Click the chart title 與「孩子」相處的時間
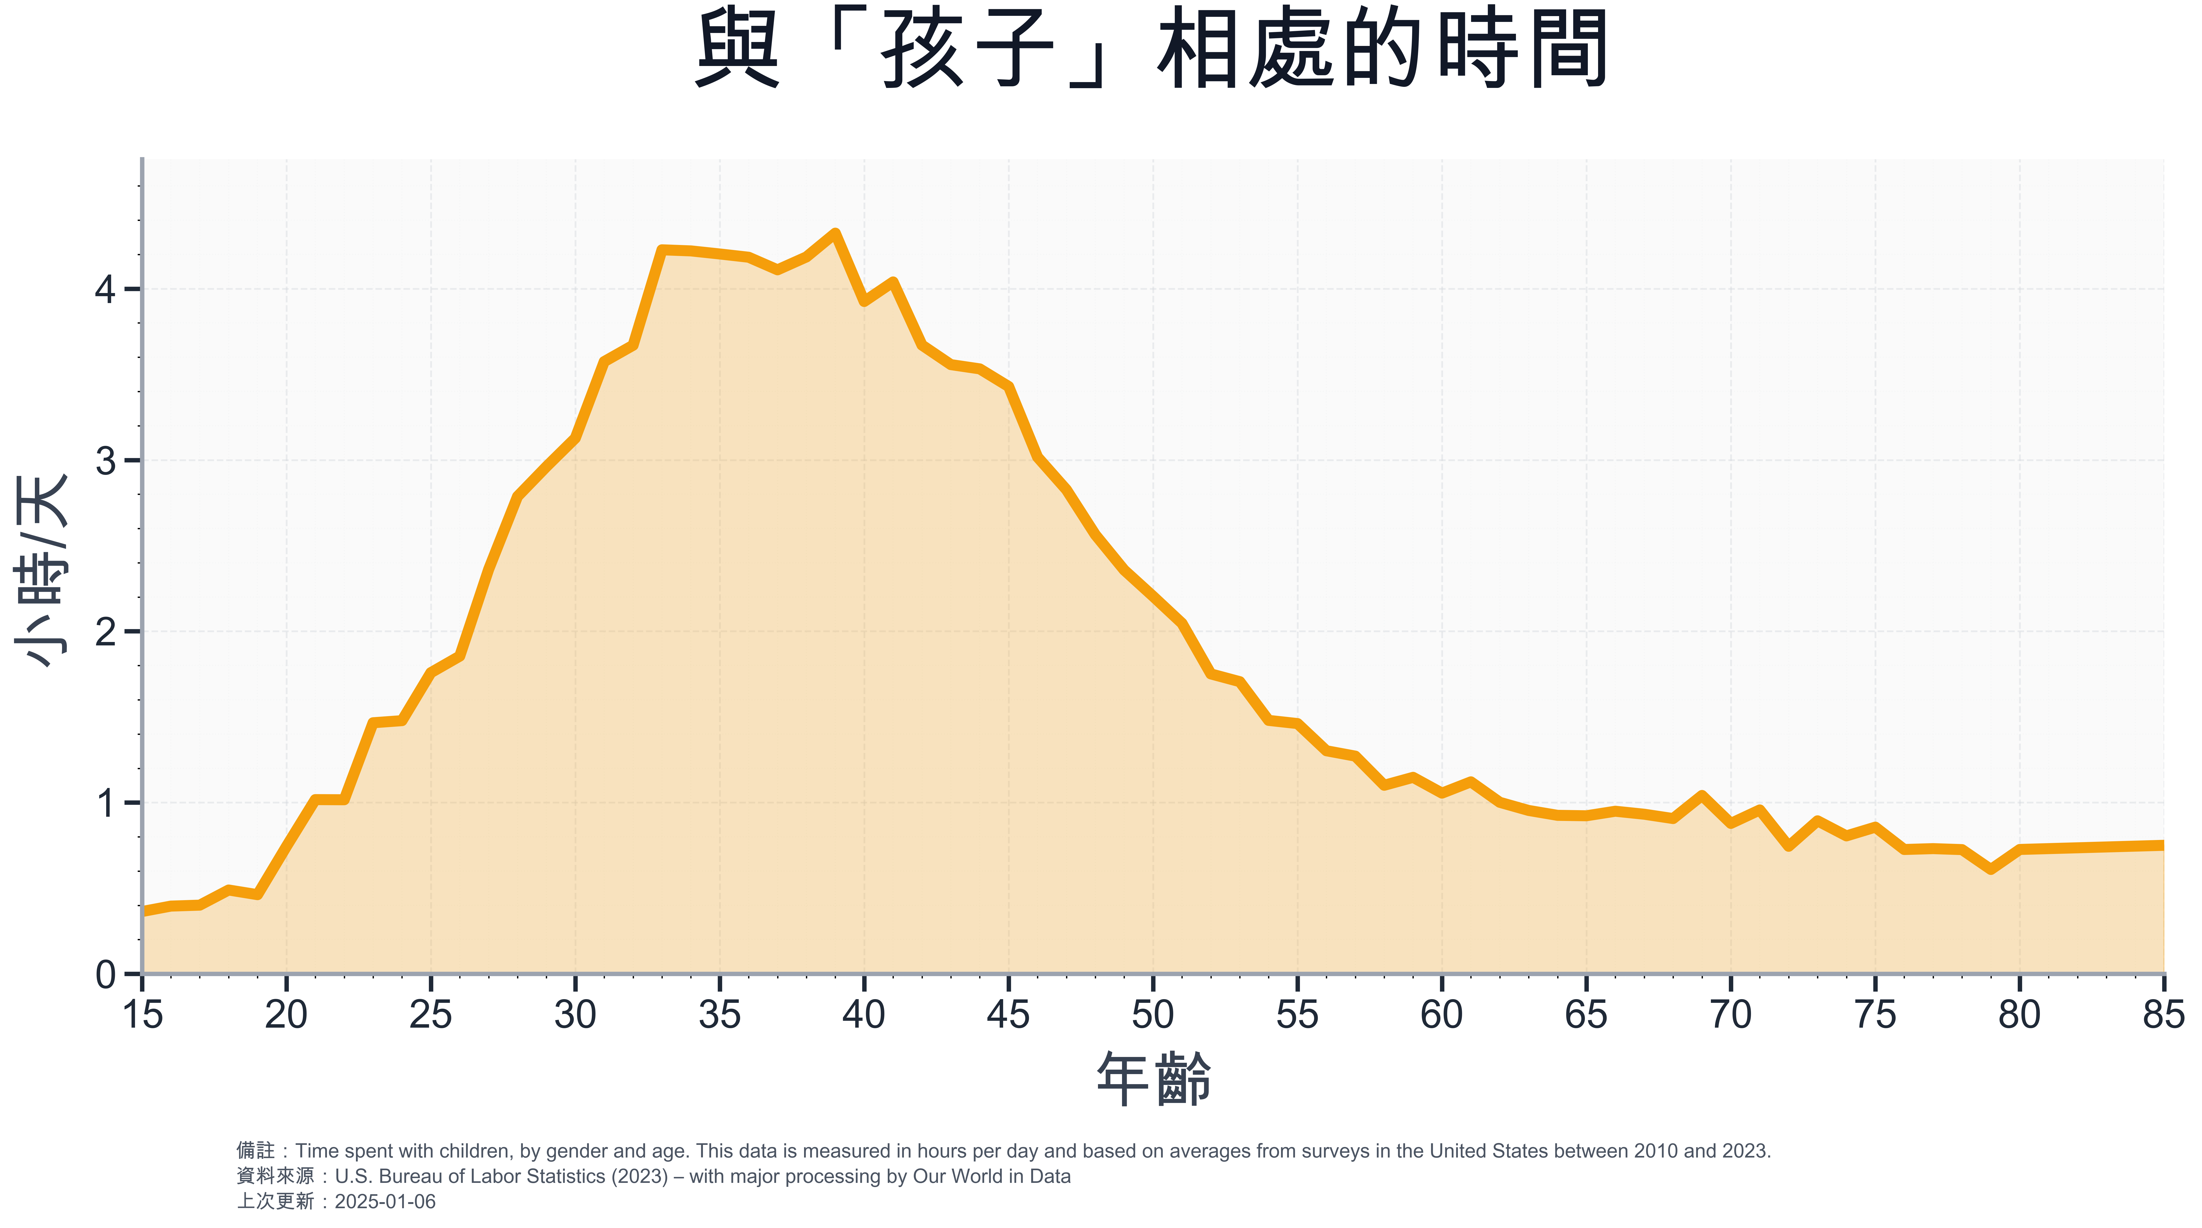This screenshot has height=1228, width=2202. point(1151,50)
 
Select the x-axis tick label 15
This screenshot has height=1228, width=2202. point(142,1015)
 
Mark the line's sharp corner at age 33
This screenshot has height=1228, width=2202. point(662,249)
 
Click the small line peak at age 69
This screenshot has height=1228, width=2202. point(1702,796)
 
